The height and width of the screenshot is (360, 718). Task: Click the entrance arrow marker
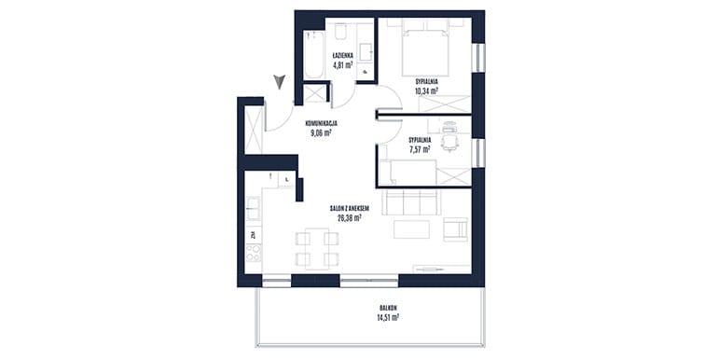[279, 81]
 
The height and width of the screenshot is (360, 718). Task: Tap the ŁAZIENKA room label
[343, 56]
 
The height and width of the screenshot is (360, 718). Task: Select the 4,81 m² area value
[343, 64]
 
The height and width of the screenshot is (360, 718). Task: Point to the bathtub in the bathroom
[313, 55]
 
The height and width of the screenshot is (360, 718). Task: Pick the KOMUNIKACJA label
[322, 123]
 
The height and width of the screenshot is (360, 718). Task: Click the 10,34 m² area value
[426, 90]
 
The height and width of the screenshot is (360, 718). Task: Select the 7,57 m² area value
[420, 149]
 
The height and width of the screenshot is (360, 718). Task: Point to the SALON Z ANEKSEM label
[350, 208]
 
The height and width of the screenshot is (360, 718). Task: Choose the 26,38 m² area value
[350, 217]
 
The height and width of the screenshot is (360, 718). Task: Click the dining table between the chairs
[317, 249]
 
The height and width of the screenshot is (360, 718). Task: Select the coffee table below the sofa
[411, 229]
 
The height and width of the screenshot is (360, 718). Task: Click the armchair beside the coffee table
[455, 229]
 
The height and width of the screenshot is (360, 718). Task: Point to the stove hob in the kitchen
[254, 253]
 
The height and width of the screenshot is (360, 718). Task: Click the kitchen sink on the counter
[253, 208]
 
